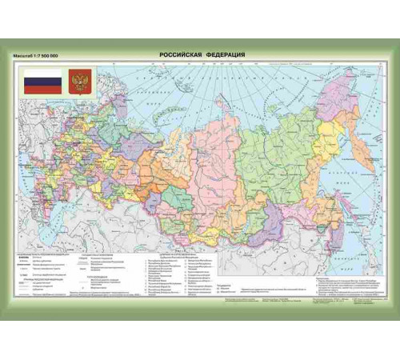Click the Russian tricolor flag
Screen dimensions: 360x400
pos(42,82)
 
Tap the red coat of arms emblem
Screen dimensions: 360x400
pos(80,82)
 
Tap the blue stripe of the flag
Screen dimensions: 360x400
pos(42,82)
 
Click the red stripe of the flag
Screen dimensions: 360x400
pos(42,90)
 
